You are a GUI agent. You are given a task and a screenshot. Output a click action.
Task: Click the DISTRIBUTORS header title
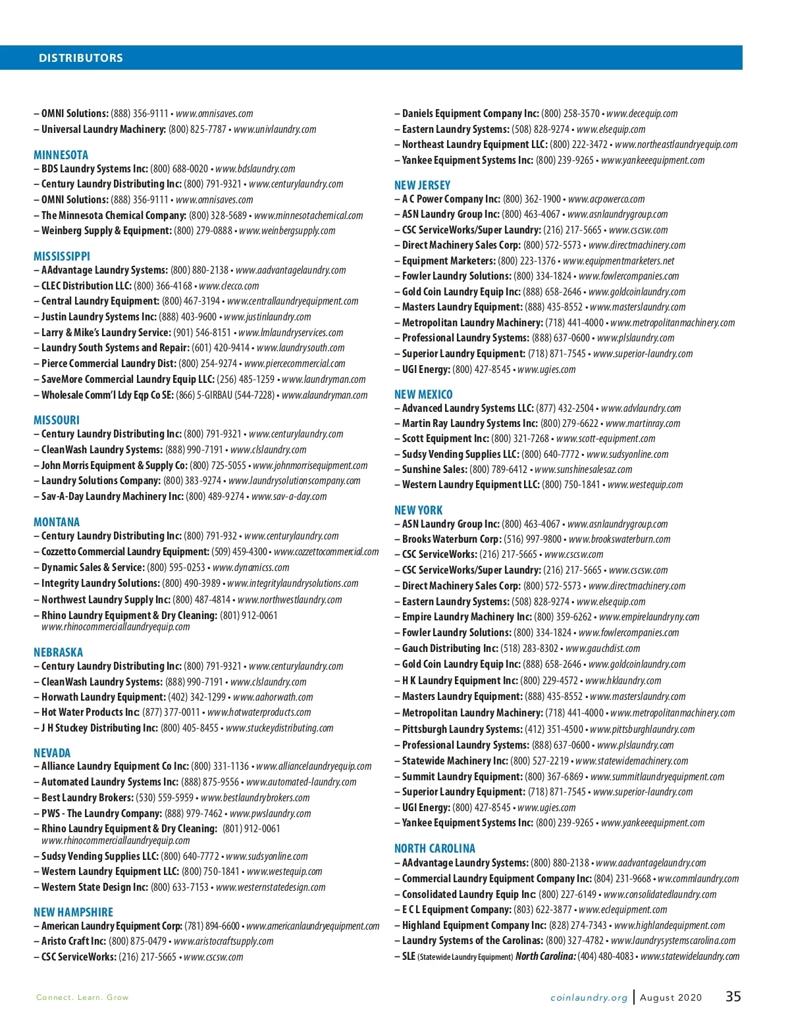pyautogui.click(x=80, y=58)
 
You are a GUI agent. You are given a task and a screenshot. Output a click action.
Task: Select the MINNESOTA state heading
pyautogui.click(x=61, y=155)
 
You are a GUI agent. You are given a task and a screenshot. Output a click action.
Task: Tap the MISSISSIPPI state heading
pyautogui.click(x=62, y=256)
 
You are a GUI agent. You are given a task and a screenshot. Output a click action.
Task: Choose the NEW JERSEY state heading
pyautogui.click(x=422, y=185)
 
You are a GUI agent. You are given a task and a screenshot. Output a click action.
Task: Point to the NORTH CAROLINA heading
pyautogui.click(x=434, y=848)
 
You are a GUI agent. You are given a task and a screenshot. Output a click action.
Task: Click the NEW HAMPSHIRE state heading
pyautogui.click(x=73, y=912)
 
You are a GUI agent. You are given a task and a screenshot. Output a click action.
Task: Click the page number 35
pyautogui.click(x=733, y=997)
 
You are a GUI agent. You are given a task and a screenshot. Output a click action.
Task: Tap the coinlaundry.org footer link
pyautogui.click(x=589, y=997)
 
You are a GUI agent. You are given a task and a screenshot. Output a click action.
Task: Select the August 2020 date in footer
pyautogui.click(x=671, y=997)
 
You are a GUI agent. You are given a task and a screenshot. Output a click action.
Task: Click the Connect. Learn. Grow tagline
pyautogui.click(x=82, y=997)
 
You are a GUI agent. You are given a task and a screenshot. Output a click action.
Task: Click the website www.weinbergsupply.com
pyautogui.click(x=287, y=231)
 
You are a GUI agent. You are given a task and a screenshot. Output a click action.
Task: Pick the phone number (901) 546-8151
pyautogui.click(x=202, y=332)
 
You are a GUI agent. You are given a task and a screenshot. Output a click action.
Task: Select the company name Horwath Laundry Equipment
pyautogui.click(x=103, y=697)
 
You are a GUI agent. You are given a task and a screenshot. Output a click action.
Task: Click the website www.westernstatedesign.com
pyautogui.click(x=271, y=887)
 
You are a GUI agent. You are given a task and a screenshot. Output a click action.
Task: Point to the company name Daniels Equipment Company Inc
pyautogui.click(x=470, y=113)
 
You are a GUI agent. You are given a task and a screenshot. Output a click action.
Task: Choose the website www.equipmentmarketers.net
pyautogui.click(x=618, y=261)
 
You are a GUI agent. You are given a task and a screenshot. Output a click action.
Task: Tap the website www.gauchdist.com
pyautogui.click(x=602, y=649)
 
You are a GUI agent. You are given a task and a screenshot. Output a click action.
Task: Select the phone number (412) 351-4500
pyautogui.click(x=554, y=729)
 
